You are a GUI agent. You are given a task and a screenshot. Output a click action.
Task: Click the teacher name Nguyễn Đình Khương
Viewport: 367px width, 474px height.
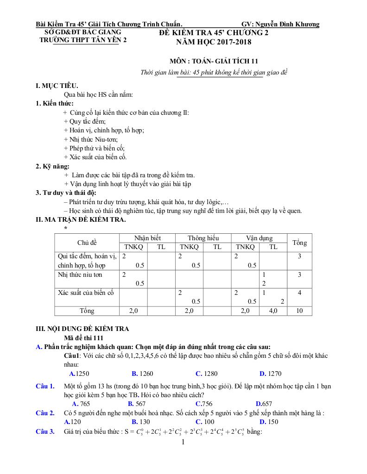288,25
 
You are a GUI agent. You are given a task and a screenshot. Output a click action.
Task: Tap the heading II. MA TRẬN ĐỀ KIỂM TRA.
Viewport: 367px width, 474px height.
81,219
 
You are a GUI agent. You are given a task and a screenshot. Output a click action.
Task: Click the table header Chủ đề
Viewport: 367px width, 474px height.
87,243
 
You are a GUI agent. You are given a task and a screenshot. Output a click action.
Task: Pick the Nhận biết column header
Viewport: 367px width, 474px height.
147,238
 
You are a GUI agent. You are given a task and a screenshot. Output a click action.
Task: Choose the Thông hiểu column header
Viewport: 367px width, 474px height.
203,238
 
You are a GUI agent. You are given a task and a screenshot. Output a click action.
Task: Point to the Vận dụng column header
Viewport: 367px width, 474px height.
259,238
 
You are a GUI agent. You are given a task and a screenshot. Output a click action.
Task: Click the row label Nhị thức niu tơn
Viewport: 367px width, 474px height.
80,275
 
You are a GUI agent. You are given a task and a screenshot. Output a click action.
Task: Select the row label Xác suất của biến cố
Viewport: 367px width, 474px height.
86,293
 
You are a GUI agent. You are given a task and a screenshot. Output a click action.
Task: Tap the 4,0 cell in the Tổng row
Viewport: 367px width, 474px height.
273,311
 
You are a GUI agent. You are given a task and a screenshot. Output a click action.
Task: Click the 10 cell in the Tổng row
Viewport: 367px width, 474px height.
299,311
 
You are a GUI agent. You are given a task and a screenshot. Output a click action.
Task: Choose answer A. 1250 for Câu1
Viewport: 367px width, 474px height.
79,374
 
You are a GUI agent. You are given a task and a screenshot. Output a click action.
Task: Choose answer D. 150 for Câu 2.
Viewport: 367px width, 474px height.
269,422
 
